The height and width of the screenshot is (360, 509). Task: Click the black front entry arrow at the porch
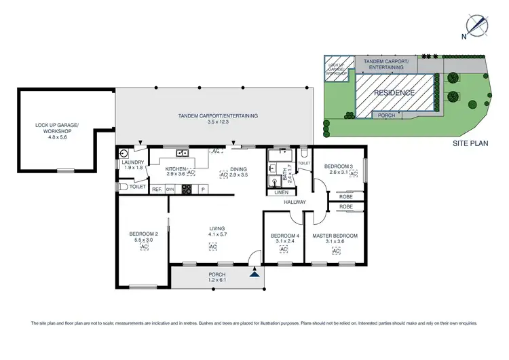point(254,274)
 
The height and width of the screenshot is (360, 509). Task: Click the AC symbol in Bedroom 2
point(144,247)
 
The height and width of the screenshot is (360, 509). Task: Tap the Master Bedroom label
point(335,236)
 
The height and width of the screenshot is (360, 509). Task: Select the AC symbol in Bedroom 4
point(283,250)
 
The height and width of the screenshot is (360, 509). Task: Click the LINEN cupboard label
point(280,192)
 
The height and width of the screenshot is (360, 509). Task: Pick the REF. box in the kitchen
point(156,190)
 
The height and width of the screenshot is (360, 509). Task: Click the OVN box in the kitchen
point(170,190)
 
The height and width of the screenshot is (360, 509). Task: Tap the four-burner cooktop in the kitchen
point(185,190)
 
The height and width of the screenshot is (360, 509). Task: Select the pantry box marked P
point(202,190)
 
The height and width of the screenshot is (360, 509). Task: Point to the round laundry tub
point(124,154)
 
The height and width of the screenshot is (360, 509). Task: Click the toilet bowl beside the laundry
point(123,186)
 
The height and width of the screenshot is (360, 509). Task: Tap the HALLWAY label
point(296,202)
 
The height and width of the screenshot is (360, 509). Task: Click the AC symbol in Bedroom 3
point(354,174)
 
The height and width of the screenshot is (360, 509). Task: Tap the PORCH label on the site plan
point(387,115)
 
